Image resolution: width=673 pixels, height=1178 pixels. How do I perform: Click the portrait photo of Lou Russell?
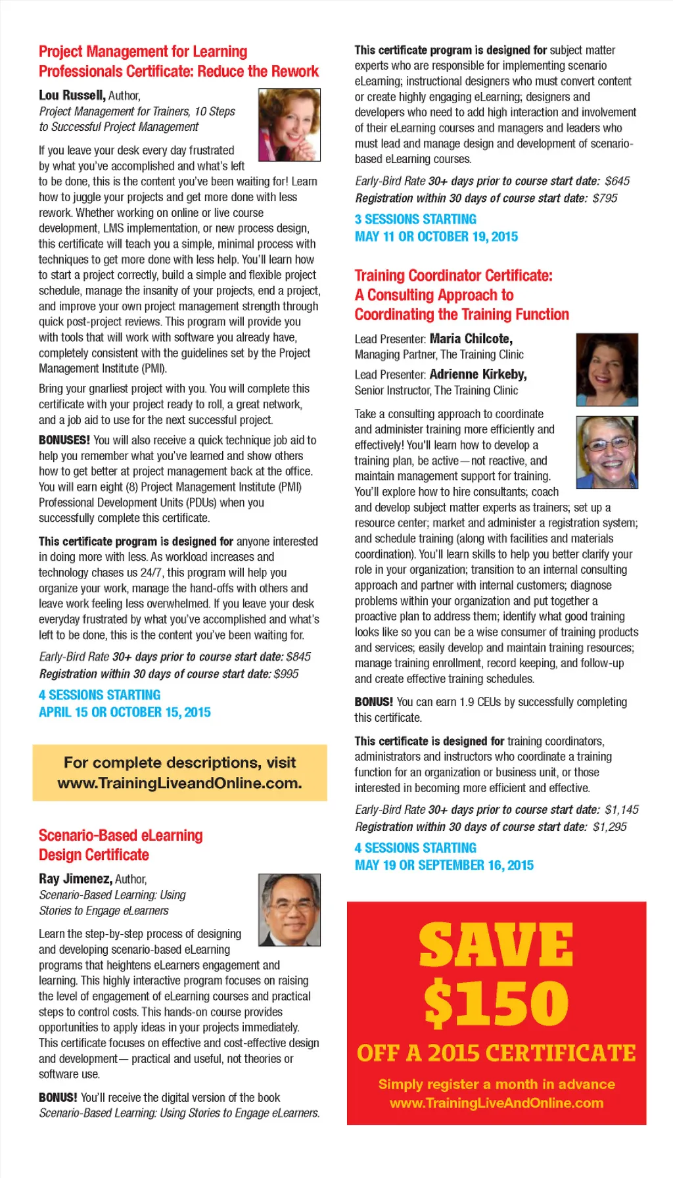pyautogui.click(x=289, y=125)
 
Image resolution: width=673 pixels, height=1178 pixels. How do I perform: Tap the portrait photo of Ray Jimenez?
pyautogui.click(x=289, y=910)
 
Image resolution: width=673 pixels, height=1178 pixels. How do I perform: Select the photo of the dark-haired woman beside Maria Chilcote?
pyautogui.click(x=607, y=369)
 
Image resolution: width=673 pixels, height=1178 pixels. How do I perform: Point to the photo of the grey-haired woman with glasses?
pyautogui.click(x=607, y=452)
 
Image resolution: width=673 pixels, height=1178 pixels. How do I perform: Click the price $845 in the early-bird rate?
pyautogui.click(x=298, y=657)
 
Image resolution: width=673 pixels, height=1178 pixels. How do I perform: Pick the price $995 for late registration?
pyautogui.click(x=286, y=674)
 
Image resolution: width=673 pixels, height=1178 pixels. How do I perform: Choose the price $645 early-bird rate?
pyautogui.click(x=617, y=181)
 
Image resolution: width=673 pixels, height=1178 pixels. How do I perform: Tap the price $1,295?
pyautogui.click(x=609, y=827)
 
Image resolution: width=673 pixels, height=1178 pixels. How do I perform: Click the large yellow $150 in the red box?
pyautogui.click(x=496, y=1003)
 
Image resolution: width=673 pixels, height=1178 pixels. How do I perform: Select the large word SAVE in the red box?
pyautogui.click(x=496, y=945)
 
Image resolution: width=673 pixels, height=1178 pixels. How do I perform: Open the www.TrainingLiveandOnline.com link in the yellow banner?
pyautogui.click(x=179, y=784)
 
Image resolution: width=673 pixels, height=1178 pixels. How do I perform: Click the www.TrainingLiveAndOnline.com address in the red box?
pyautogui.click(x=496, y=1103)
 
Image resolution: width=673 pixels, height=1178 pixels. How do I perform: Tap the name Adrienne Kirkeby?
pyautogui.click(x=478, y=375)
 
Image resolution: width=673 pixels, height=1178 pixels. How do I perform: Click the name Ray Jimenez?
pyautogui.click(x=75, y=880)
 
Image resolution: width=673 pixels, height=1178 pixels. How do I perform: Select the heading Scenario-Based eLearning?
pyautogui.click(x=120, y=836)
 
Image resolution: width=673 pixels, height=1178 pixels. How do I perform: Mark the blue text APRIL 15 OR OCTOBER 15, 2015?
pyautogui.click(x=124, y=713)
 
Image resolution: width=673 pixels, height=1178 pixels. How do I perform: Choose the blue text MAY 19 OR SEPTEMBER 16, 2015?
pyautogui.click(x=444, y=866)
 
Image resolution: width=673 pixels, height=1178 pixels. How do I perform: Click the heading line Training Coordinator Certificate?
pyautogui.click(x=453, y=275)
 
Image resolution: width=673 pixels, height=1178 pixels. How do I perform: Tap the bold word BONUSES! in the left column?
pyautogui.click(x=64, y=440)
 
